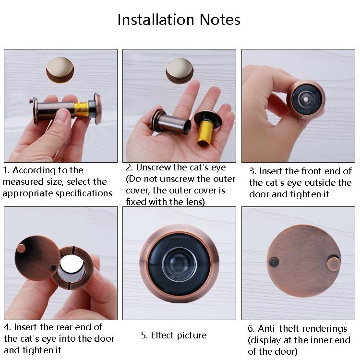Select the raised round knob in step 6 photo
(x=334, y=263)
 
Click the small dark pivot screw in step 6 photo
(x=274, y=262)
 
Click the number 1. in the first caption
(x=6, y=170)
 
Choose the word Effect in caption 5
(x=164, y=336)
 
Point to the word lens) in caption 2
(x=191, y=202)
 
